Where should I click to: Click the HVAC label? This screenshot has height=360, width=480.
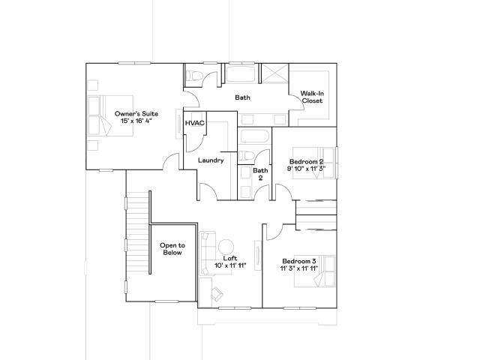tap(195, 123)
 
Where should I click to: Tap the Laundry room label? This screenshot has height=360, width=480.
tap(211, 160)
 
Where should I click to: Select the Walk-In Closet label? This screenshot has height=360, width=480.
tap(312, 97)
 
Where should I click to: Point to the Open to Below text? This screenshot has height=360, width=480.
tap(172, 249)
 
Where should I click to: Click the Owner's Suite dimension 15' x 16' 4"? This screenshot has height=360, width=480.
tap(136, 121)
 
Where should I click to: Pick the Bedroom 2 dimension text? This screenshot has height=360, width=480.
tap(306, 168)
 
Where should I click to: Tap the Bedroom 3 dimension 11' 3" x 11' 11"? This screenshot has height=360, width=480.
tap(299, 268)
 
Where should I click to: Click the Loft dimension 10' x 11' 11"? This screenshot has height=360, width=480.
tap(230, 265)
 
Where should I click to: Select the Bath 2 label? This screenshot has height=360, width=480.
tap(260, 174)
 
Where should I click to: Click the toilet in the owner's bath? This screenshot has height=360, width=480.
tap(194, 76)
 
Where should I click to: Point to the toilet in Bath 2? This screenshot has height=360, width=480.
tap(247, 155)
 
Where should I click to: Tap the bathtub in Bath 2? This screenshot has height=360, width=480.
tap(255, 136)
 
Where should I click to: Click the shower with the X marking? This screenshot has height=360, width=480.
tap(275, 73)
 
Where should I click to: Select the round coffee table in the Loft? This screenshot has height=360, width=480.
tap(226, 247)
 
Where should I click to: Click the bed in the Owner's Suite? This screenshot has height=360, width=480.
tap(110, 115)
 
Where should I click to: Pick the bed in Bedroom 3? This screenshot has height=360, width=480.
tap(314, 271)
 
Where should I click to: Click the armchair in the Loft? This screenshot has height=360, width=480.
tap(217, 293)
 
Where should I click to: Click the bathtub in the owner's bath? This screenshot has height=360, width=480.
tap(240, 73)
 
